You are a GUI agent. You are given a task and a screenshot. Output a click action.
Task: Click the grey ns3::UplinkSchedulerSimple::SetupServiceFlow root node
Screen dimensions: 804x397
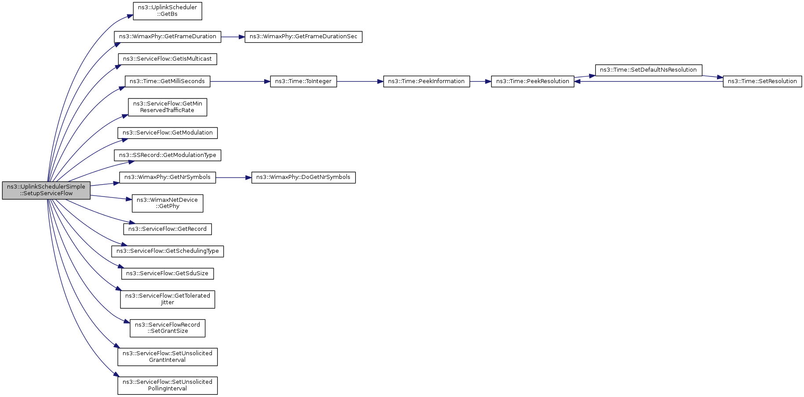click(x=46, y=190)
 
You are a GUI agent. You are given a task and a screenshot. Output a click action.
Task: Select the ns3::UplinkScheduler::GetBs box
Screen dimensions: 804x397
click(x=167, y=11)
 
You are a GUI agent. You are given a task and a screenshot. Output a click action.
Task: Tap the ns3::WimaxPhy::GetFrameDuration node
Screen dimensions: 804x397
click(x=167, y=37)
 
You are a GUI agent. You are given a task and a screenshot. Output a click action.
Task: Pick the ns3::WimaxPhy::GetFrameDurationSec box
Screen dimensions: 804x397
click(x=303, y=37)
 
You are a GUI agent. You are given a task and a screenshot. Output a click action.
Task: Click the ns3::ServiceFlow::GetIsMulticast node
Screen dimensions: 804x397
click(x=167, y=59)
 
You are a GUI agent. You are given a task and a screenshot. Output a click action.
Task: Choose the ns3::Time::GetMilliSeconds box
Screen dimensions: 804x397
click(x=167, y=82)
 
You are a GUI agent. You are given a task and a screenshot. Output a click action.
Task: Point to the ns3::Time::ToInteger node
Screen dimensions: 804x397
click(x=303, y=82)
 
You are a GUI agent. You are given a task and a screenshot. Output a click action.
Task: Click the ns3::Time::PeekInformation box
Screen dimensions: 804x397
click(x=426, y=82)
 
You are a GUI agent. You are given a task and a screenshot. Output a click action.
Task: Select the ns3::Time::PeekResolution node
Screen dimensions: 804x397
click(x=533, y=82)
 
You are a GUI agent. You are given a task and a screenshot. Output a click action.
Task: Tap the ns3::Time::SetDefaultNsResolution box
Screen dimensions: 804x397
click(x=648, y=70)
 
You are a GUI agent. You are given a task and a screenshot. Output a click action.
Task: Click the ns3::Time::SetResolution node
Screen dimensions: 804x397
click(x=762, y=82)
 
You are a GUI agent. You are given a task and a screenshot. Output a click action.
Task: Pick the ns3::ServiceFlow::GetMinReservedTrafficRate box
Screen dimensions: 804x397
click(x=167, y=107)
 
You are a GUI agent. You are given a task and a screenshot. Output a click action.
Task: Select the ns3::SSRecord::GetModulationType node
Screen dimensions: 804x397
click(x=167, y=156)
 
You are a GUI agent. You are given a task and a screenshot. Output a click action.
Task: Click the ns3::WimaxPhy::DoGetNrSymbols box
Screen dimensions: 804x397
click(x=303, y=178)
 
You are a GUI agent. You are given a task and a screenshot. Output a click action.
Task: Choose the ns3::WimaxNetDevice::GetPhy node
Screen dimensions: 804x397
click(x=167, y=203)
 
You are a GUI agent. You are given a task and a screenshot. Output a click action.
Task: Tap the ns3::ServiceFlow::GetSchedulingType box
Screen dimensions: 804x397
click(x=167, y=251)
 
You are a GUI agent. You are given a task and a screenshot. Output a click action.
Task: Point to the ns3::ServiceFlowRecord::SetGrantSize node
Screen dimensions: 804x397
click(x=167, y=328)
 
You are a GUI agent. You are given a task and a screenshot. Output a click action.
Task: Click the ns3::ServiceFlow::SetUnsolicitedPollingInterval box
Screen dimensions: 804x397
click(x=167, y=386)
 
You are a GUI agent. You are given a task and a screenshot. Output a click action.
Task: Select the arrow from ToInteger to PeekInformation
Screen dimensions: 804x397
click(x=360, y=82)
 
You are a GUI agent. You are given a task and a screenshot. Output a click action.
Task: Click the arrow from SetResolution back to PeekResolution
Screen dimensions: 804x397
click(x=648, y=82)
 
